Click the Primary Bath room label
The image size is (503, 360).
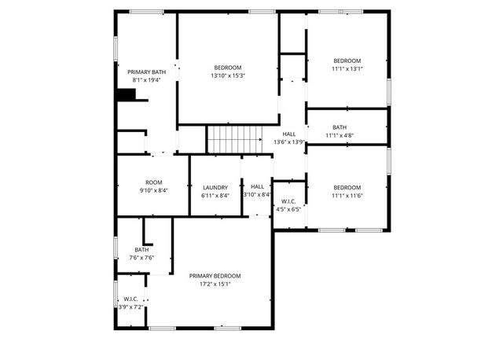147,72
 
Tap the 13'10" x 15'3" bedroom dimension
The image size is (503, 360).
227,76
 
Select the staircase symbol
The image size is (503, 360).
234,140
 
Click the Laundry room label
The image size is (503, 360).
215,186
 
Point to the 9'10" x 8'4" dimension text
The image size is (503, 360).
153,191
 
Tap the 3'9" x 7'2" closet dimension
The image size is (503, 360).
131,307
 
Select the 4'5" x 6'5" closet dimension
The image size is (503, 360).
287,210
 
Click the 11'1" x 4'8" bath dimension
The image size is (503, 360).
340,135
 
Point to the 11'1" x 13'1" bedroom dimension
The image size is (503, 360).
347,69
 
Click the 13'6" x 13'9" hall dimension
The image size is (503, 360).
289,142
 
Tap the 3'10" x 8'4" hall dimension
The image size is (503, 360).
257,195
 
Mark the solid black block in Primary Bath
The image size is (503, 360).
126,95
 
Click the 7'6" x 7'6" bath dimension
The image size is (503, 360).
141,258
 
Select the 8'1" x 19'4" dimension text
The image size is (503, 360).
146,80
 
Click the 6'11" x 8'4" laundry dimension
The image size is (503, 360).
215,195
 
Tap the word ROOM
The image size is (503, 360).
153,182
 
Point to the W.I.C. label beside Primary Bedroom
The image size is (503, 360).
131,299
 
